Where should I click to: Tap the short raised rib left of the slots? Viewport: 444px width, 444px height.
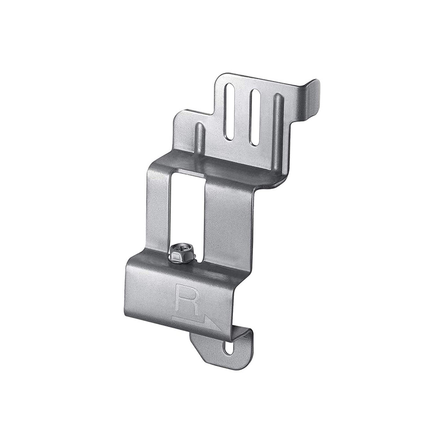200,138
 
